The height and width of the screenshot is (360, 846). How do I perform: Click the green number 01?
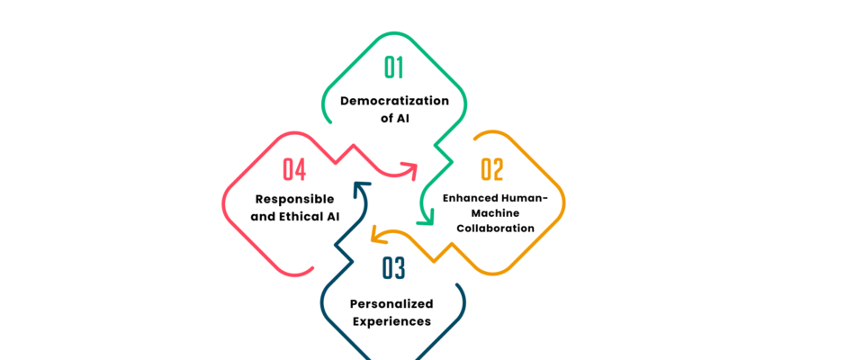(x=394, y=68)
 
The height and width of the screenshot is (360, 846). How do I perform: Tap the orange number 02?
(x=491, y=169)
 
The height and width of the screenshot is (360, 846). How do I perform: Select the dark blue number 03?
(x=393, y=268)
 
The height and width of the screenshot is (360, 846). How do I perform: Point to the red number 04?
(x=294, y=169)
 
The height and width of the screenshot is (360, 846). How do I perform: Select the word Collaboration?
(x=495, y=229)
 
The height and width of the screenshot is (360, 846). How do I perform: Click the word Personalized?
(x=391, y=303)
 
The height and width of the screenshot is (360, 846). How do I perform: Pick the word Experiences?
(x=391, y=320)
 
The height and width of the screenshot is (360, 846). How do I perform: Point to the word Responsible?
(x=294, y=198)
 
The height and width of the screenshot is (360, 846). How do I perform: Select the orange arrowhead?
(x=379, y=237)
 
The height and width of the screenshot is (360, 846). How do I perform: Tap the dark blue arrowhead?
(x=361, y=189)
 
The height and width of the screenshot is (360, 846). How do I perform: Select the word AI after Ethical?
(x=331, y=216)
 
